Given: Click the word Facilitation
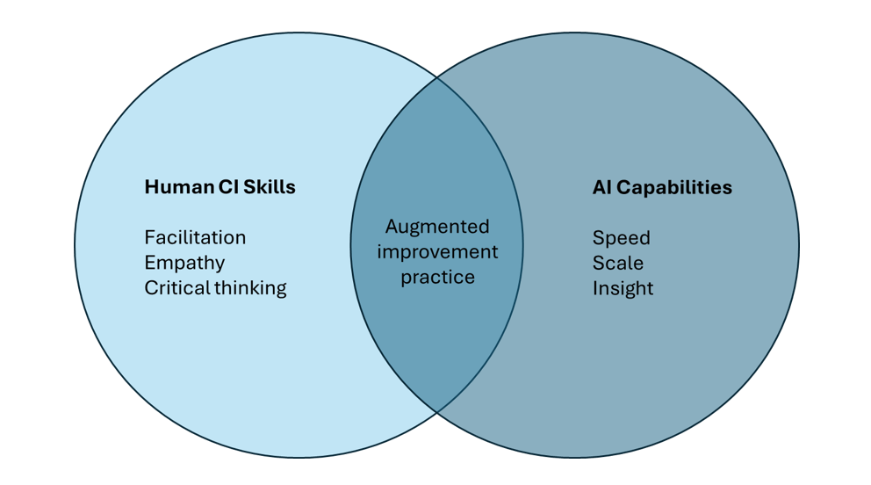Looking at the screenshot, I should click(x=195, y=237).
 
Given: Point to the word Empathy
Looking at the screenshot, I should click(x=184, y=263).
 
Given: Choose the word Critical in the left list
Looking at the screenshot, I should click(x=176, y=287).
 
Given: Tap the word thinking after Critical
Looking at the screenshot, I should click(x=250, y=288).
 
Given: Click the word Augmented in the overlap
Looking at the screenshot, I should click(x=437, y=227).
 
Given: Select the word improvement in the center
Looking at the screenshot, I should click(x=437, y=252).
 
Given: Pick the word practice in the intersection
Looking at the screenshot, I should click(x=437, y=278).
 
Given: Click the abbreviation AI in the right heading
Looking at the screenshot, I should click(x=601, y=187).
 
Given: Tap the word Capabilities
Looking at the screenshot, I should click(x=673, y=188).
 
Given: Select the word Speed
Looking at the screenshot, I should click(x=621, y=238).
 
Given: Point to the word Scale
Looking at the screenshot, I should click(x=617, y=263).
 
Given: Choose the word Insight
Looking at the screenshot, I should click(x=623, y=288).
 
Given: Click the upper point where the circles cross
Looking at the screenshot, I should click(x=437, y=77).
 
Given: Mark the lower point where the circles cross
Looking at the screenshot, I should click(x=437, y=412).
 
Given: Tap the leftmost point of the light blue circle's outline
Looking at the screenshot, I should click(x=75, y=245).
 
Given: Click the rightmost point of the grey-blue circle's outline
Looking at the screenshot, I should click(x=799, y=245).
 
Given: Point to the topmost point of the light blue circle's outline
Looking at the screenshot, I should click(x=299, y=33).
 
